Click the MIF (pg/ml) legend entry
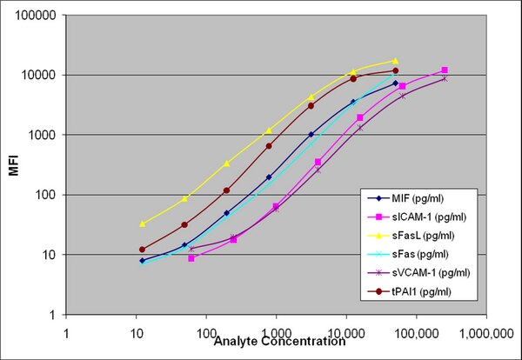click(x=405, y=198)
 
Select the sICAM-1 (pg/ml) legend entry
click(x=417, y=217)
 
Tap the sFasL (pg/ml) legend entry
click(x=411, y=236)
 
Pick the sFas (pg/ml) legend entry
click(x=408, y=255)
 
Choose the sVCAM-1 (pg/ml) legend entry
click(x=418, y=273)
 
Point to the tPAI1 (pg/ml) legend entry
click(x=410, y=292)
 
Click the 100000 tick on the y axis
click(x=36, y=16)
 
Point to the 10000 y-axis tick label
click(x=38, y=75)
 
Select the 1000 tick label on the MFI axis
click(x=42, y=135)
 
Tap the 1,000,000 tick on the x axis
click(x=486, y=333)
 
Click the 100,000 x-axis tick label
click(x=417, y=333)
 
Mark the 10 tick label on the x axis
click(x=137, y=333)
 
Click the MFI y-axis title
click(x=14, y=165)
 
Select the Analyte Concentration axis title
click(x=279, y=342)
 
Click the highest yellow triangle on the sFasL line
click(x=396, y=61)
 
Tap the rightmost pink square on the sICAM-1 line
click(x=445, y=70)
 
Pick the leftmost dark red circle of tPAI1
click(x=143, y=250)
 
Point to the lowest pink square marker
click(x=191, y=258)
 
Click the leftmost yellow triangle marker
click(x=143, y=224)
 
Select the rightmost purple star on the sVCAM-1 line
click(x=445, y=79)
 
